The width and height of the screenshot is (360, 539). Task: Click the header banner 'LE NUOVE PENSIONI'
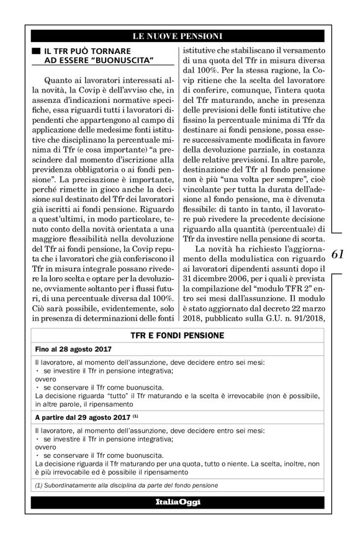179,35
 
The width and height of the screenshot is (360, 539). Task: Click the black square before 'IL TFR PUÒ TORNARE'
35,49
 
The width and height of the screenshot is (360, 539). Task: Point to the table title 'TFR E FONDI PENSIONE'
179,335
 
